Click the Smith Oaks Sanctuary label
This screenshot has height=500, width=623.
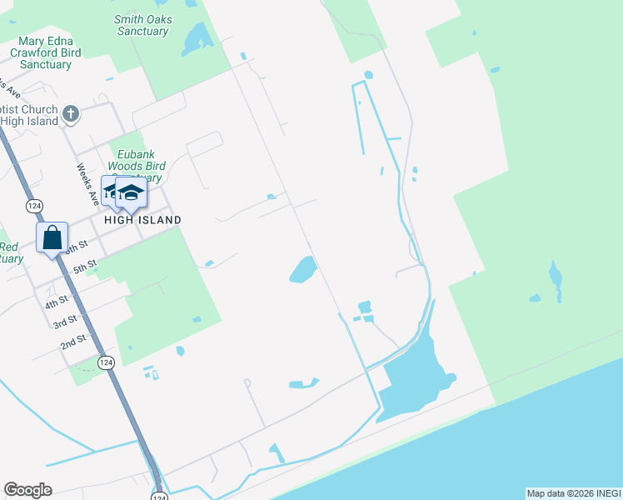pos(142,25)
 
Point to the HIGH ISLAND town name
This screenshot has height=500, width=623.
pos(142,220)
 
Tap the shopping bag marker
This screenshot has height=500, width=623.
pos(52,237)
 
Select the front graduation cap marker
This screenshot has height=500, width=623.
pos(131,193)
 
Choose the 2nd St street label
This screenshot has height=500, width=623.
pos(73,342)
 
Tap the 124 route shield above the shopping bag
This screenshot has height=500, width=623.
pos(34,206)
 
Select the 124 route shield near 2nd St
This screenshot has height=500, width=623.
pos(105,362)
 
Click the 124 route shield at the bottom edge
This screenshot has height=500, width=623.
pos(159,495)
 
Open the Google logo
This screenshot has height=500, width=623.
pos(27,490)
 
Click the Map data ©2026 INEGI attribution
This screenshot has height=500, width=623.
pos(573,493)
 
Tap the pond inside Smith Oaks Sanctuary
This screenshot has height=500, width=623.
pos(197,38)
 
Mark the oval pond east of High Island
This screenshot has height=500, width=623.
pos(302,269)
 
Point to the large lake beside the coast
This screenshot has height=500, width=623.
pos(411,375)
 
